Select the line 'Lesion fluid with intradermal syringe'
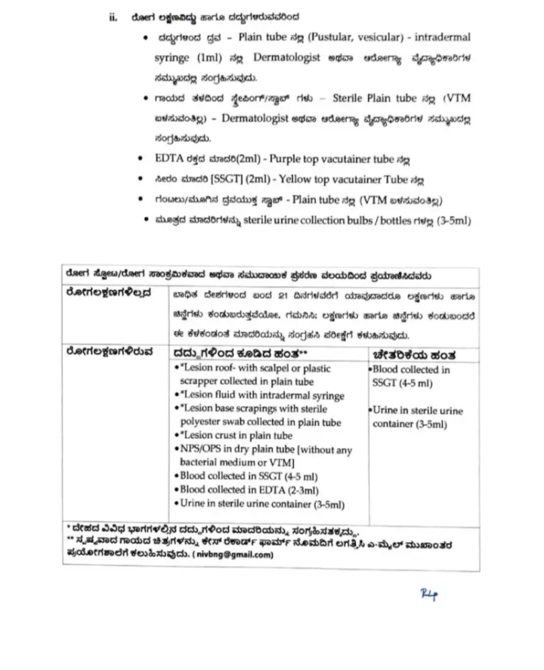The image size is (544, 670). (261, 396)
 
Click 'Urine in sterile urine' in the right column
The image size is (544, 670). (418, 411)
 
